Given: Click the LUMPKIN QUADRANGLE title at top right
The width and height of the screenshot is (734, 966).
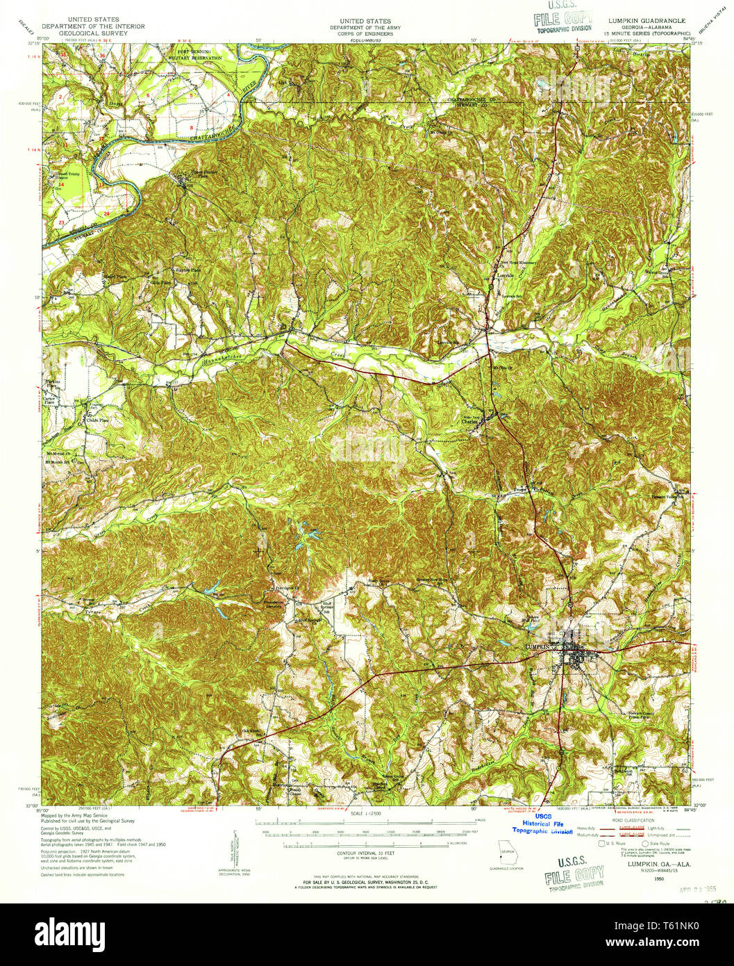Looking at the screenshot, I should [x=647, y=21].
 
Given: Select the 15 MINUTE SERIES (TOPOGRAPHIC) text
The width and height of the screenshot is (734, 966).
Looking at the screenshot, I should [x=647, y=32].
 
